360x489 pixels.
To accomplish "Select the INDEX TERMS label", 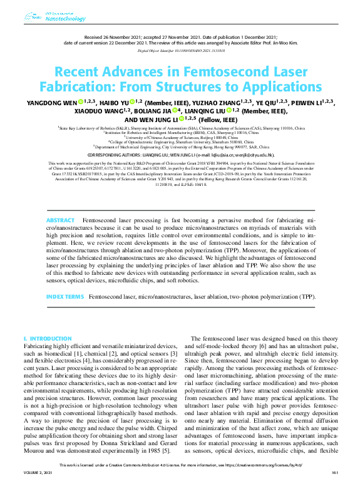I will click(x=65, y=296).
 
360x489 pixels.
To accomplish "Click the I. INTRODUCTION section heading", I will click(x=48, y=338).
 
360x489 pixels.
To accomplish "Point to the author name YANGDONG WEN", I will click(x=52, y=101).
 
